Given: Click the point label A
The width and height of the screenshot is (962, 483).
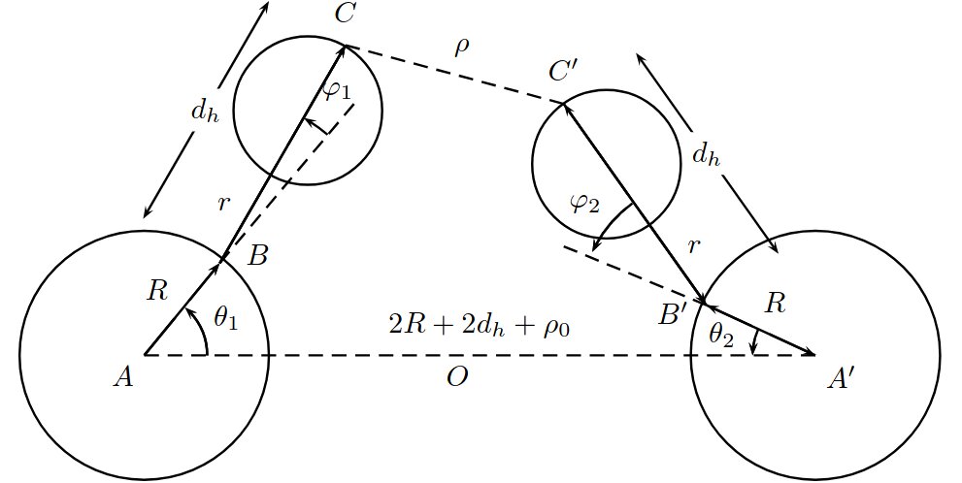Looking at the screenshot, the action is click(x=123, y=377).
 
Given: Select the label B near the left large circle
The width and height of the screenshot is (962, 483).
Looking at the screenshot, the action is click(x=257, y=256).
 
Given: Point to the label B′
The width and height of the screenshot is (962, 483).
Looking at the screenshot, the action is click(x=671, y=315).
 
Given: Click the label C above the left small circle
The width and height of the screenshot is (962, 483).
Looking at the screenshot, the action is click(x=345, y=14).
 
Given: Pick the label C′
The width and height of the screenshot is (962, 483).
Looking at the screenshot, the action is click(x=562, y=72).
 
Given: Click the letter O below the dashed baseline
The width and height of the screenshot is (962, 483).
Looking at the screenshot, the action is click(x=457, y=377).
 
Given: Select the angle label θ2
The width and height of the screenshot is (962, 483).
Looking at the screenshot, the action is click(x=721, y=337).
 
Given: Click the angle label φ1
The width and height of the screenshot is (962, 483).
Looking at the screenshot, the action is click(x=337, y=91).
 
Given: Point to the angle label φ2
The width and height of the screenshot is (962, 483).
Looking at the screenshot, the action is click(x=584, y=204).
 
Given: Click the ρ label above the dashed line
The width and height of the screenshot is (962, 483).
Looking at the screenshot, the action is click(x=462, y=48).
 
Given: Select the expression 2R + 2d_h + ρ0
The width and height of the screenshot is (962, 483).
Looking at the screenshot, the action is click(x=480, y=325).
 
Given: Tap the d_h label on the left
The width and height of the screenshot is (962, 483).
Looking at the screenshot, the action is click(x=204, y=113).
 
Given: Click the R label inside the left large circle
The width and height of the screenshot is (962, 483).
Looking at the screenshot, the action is click(x=157, y=292).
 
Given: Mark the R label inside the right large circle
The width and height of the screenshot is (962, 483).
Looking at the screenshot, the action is click(x=776, y=304).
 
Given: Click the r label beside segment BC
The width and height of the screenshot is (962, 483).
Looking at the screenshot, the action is click(x=223, y=204).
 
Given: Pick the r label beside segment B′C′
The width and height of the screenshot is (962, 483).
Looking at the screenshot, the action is click(x=694, y=245).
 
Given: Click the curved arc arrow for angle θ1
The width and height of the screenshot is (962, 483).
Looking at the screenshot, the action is click(x=204, y=329).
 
